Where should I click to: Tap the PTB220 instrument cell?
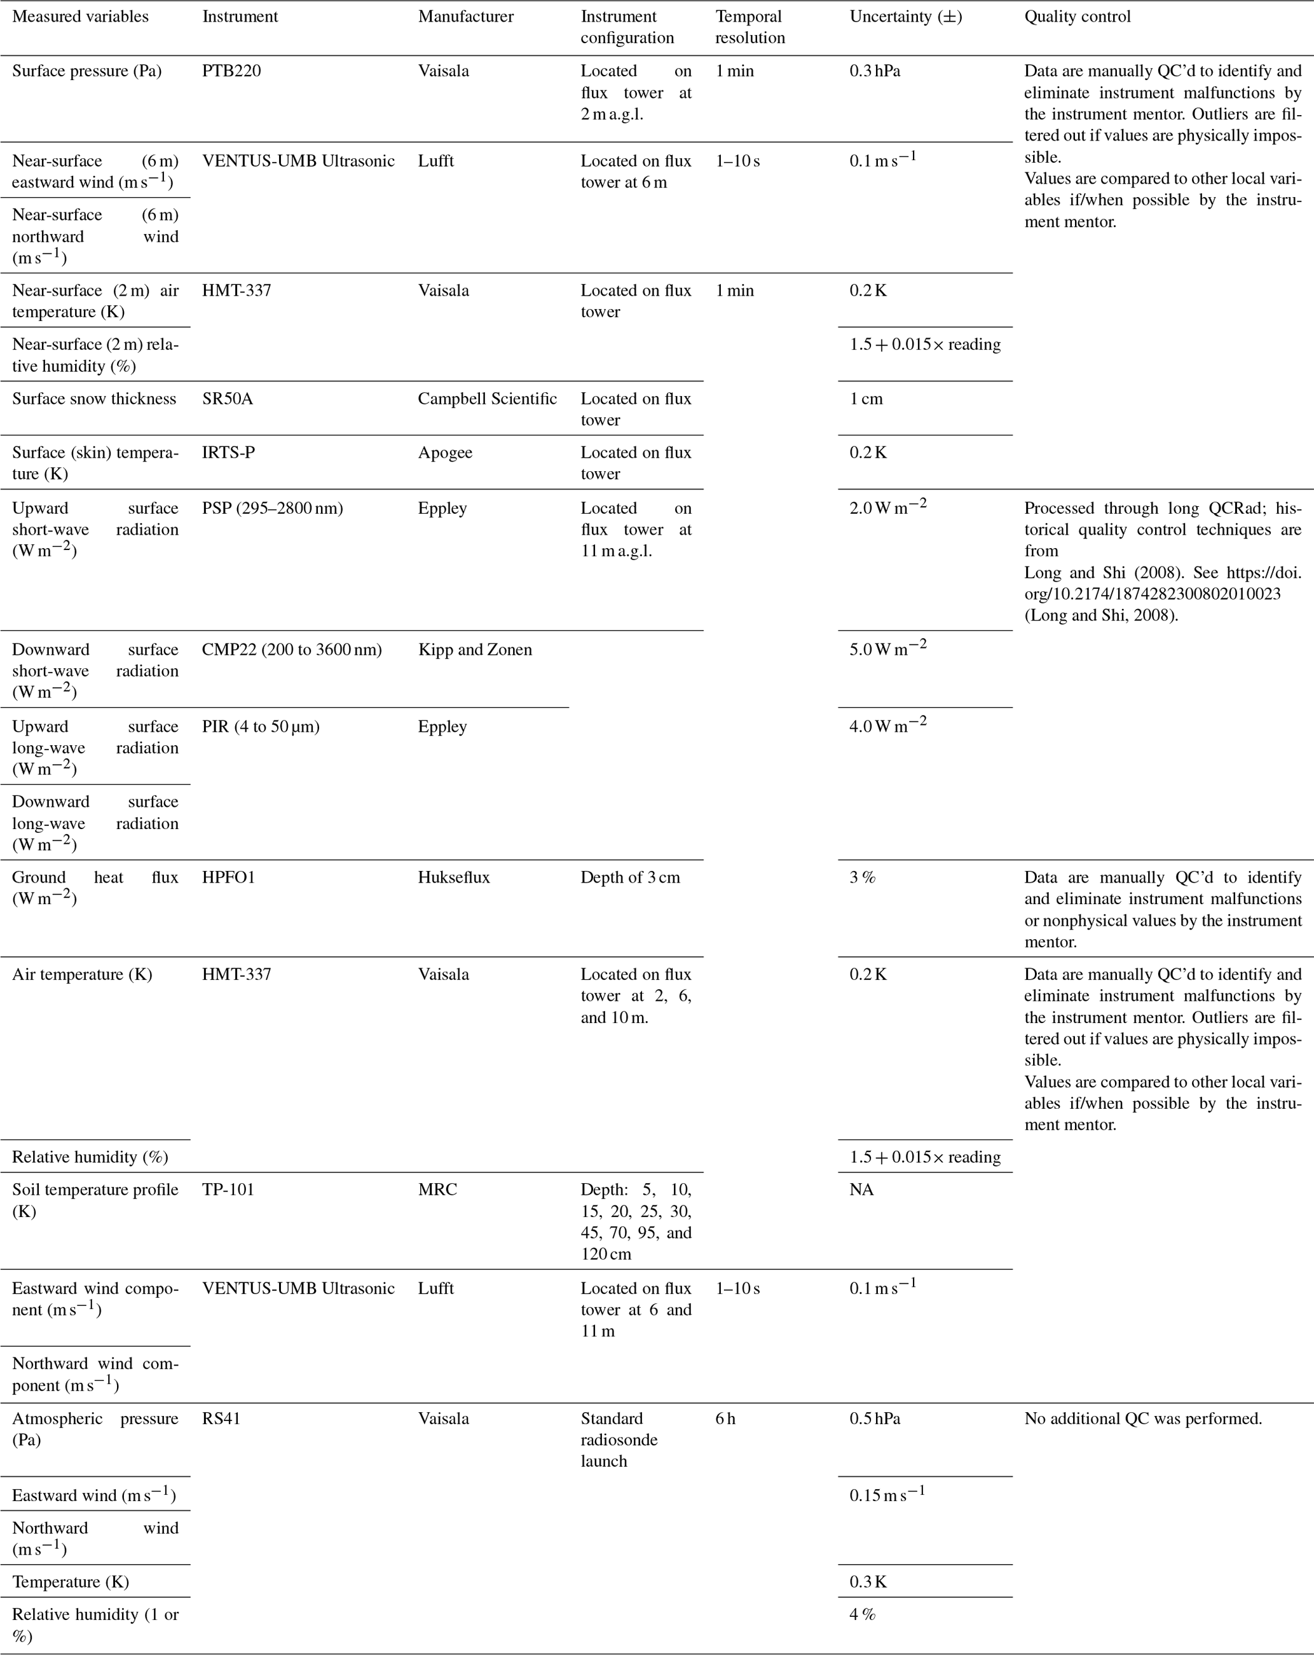[231, 71]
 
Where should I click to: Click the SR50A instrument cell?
[226, 399]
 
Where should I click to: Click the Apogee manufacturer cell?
[444, 453]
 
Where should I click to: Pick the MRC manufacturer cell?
[437, 1190]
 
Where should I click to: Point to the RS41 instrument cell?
[221, 1418]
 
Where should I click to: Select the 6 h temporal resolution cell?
[725, 1418]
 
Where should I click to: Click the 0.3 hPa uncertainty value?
[874, 71]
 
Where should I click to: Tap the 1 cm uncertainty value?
[866, 399]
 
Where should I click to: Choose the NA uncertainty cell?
[861, 1190]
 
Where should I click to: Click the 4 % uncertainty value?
[862, 1614]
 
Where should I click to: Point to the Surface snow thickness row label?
[93, 399]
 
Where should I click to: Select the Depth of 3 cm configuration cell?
[629, 877]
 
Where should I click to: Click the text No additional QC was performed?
[1142, 1418]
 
